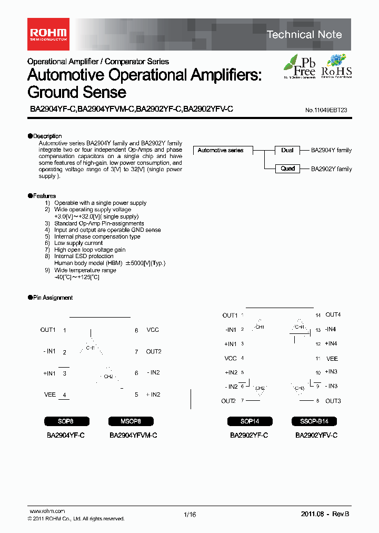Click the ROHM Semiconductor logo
[47, 34]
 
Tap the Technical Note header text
[304, 35]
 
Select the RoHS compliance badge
[336, 67]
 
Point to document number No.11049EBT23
[326, 111]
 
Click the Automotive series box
[221, 151]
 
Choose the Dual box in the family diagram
[287, 151]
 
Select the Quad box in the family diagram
[287, 169]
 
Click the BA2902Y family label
[331, 169]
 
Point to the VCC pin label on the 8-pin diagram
[153, 330]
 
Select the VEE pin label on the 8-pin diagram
[49, 394]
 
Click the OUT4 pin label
[333, 315]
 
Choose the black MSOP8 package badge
[132, 421]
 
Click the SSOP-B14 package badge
[314, 421]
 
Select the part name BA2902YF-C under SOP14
[249, 436]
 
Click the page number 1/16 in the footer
[189, 515]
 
